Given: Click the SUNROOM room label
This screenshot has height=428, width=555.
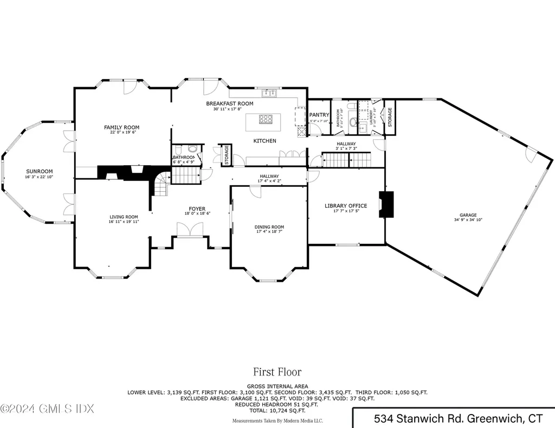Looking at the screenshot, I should (39, 171).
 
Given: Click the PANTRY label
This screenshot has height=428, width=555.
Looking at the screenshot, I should (319, 115).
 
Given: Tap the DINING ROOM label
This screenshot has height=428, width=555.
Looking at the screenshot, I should (269, 227).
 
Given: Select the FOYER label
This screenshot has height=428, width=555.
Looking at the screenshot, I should (197, 209).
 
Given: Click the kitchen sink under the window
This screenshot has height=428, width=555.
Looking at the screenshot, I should (267, 95).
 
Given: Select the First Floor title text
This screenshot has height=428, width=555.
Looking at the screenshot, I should (277, 372).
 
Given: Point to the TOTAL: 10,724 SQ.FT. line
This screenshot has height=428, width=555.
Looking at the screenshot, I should (277, 411).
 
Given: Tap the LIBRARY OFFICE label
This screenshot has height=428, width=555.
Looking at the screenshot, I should (346, 206).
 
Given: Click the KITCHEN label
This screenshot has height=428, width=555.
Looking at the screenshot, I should (265, 141).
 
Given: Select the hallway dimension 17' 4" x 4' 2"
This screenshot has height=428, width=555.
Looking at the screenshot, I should (269, 181).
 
